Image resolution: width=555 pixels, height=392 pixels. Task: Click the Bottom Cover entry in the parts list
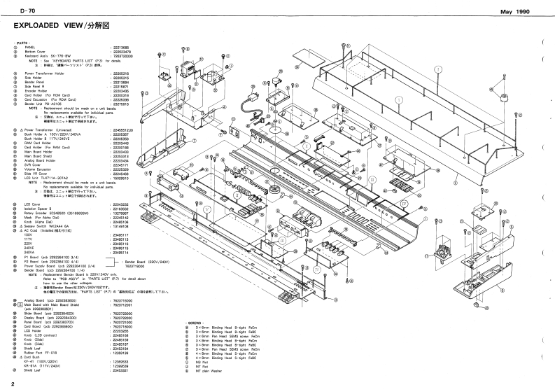point(38,52)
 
